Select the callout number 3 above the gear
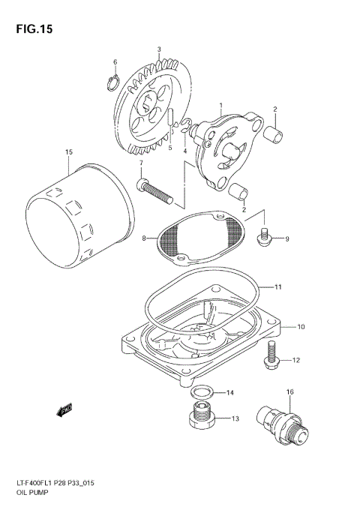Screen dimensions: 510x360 click(x=159, y=49)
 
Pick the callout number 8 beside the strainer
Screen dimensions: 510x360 click(x=144, y=238)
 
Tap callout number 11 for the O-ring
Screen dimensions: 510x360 click(x=278, y=286)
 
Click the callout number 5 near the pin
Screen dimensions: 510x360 click(x=169, y=148)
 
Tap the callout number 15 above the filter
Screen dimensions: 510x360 click(x=68, y=152)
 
